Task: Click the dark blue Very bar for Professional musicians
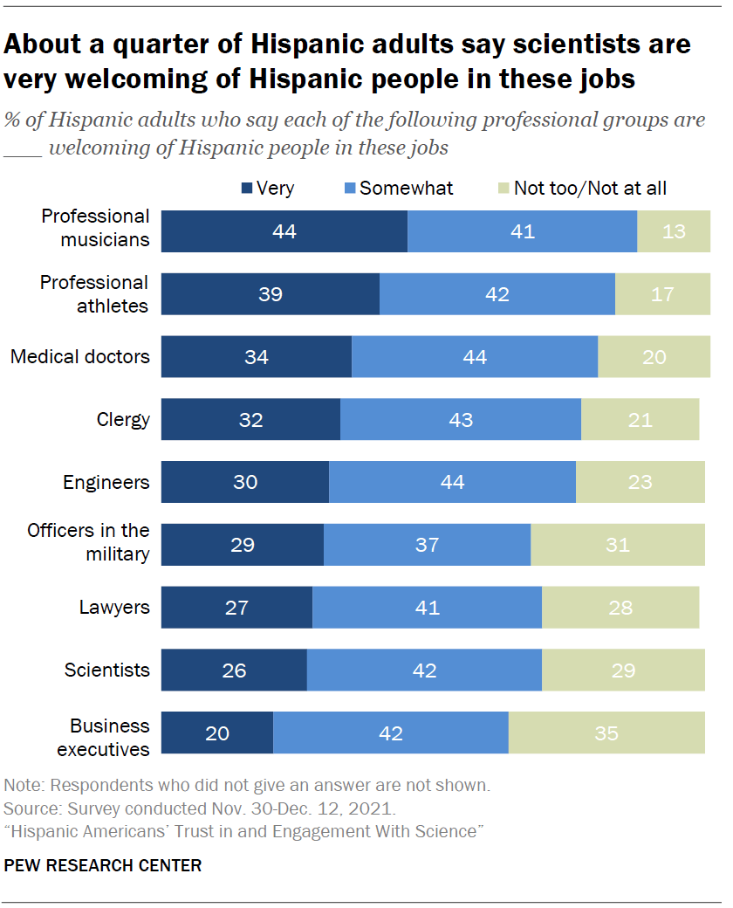(x=284, y=231)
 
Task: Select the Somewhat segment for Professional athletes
(x=497, y=294)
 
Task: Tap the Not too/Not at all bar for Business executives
(x=606, y=733)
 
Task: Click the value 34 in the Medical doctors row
(x=257, y=357)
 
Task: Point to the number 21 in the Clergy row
(x=640, y=420)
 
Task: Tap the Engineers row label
(x=106, y=482)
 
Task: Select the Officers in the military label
(x=88, y=542)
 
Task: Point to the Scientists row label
(x=106, y=671)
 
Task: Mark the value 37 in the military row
(x=427, y=545)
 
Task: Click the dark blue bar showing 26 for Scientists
(x=234, y=671)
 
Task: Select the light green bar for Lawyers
(x=620, y=608)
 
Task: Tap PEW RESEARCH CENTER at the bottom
(x=103, y=866)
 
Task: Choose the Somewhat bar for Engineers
(x=452, y=482)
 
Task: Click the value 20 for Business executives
(x=217, y=733)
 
